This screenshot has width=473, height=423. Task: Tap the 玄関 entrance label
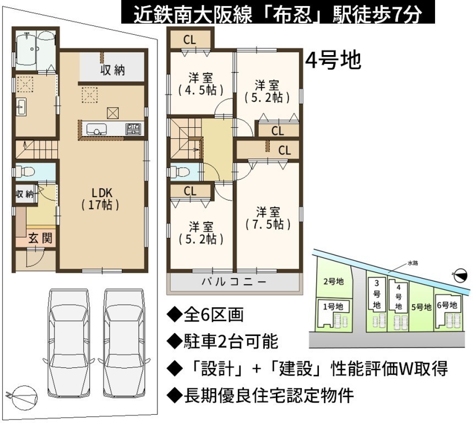[x=40, y=238]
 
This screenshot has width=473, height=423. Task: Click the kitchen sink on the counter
[x=96, y=129]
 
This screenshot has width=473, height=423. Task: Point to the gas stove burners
[x=133, y=129]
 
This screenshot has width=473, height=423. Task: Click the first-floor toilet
[x=25, y=172]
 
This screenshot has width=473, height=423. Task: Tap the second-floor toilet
[x=181, y=172]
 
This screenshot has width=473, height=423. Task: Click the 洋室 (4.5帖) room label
[x=200, y=84]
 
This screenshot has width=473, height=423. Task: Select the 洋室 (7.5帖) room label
[x=268, y=218]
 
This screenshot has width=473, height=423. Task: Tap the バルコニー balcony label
[x=234, y=282]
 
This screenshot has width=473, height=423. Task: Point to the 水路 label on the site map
[x=413, y=263]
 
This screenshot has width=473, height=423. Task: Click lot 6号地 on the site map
[x=447, y=305]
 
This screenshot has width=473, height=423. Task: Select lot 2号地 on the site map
[x=334, y=281]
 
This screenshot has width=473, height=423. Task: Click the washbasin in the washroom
[x=21, y=106]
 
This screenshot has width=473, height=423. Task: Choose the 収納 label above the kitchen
[x=112, y=70]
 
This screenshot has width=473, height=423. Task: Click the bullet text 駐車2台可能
[x=222, y=341]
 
